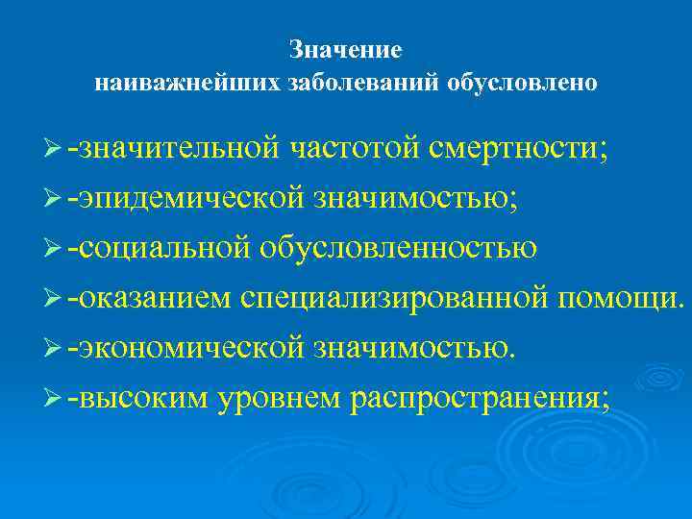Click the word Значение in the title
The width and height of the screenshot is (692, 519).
[345, 49]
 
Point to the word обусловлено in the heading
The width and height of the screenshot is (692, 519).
[522, 84]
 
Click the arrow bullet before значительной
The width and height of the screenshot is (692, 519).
[53, 150]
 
